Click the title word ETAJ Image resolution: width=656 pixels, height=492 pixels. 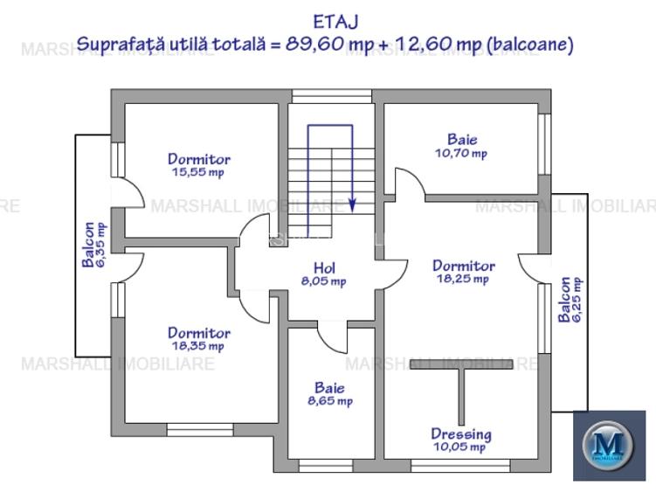point(335,22)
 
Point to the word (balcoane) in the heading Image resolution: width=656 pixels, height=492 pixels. point(530,45)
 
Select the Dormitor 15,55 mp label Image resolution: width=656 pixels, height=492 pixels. point(199,165)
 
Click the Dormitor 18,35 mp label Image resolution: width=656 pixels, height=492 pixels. point(199,339)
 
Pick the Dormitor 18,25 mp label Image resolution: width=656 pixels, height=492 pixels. point(463,272)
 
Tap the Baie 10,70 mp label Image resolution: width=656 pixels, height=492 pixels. point(462,146)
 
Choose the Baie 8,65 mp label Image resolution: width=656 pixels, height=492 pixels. point(329,394)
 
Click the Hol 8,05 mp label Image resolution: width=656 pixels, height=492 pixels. point(324,274)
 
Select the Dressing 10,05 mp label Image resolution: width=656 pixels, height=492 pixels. point(460,440)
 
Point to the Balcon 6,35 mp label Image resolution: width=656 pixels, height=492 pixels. point(94,244)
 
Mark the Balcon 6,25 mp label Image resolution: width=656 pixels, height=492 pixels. point(570,300)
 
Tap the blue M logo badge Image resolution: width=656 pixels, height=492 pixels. point(608,446)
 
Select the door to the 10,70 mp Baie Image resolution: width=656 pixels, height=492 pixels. point(406,183)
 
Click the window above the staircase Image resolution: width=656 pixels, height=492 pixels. point(331,96)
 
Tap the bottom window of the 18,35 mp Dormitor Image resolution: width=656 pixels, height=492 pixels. point(199,429)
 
